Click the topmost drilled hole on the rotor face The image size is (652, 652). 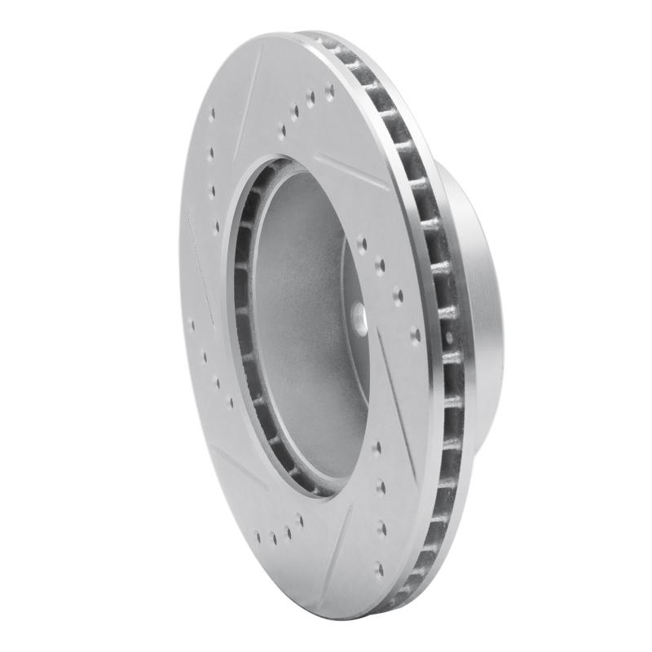(x=329, y=92)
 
